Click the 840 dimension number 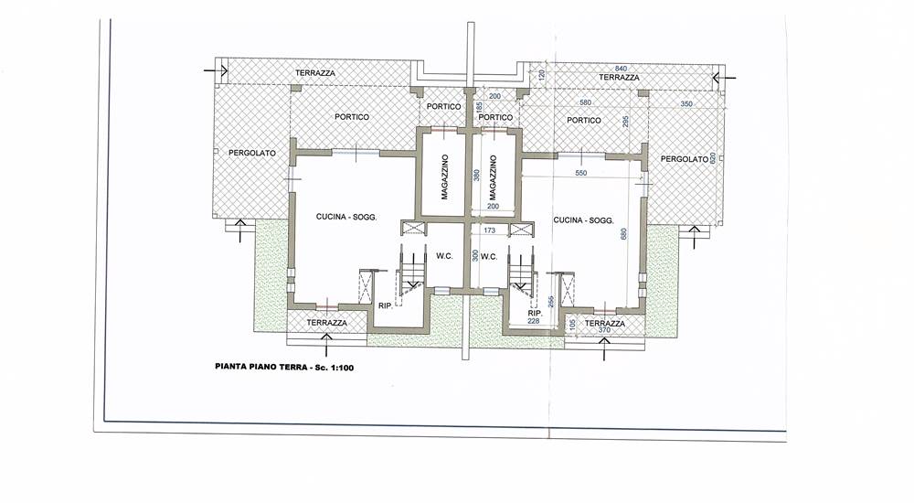click(x=621, y=69)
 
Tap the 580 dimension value click(x=585, y=102)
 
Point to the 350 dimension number click(x=686, y=104)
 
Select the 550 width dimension click(x=580, y=173)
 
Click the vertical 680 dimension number click(x=624, y=234)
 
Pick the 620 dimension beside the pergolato click(x=713, y=158)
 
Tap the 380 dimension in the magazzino click(x=477, y=175)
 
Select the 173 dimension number click(x=490, y=230)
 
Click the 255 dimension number click(x=551, y=302)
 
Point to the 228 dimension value click(x=534, y=321)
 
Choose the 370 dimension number click(x=604, y=330)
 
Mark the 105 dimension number click(x=573, y=324)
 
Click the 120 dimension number click(x=541, y=75)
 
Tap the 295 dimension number click(x=625, y=122)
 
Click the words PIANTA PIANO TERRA click(x=260, y=367)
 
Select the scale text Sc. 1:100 click(x=334, y=367)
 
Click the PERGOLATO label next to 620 click(x=685, y=159)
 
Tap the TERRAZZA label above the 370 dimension click(x=604, y=323)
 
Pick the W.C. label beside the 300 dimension click(x=489, y=256)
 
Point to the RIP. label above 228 click(x=535, y=314)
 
